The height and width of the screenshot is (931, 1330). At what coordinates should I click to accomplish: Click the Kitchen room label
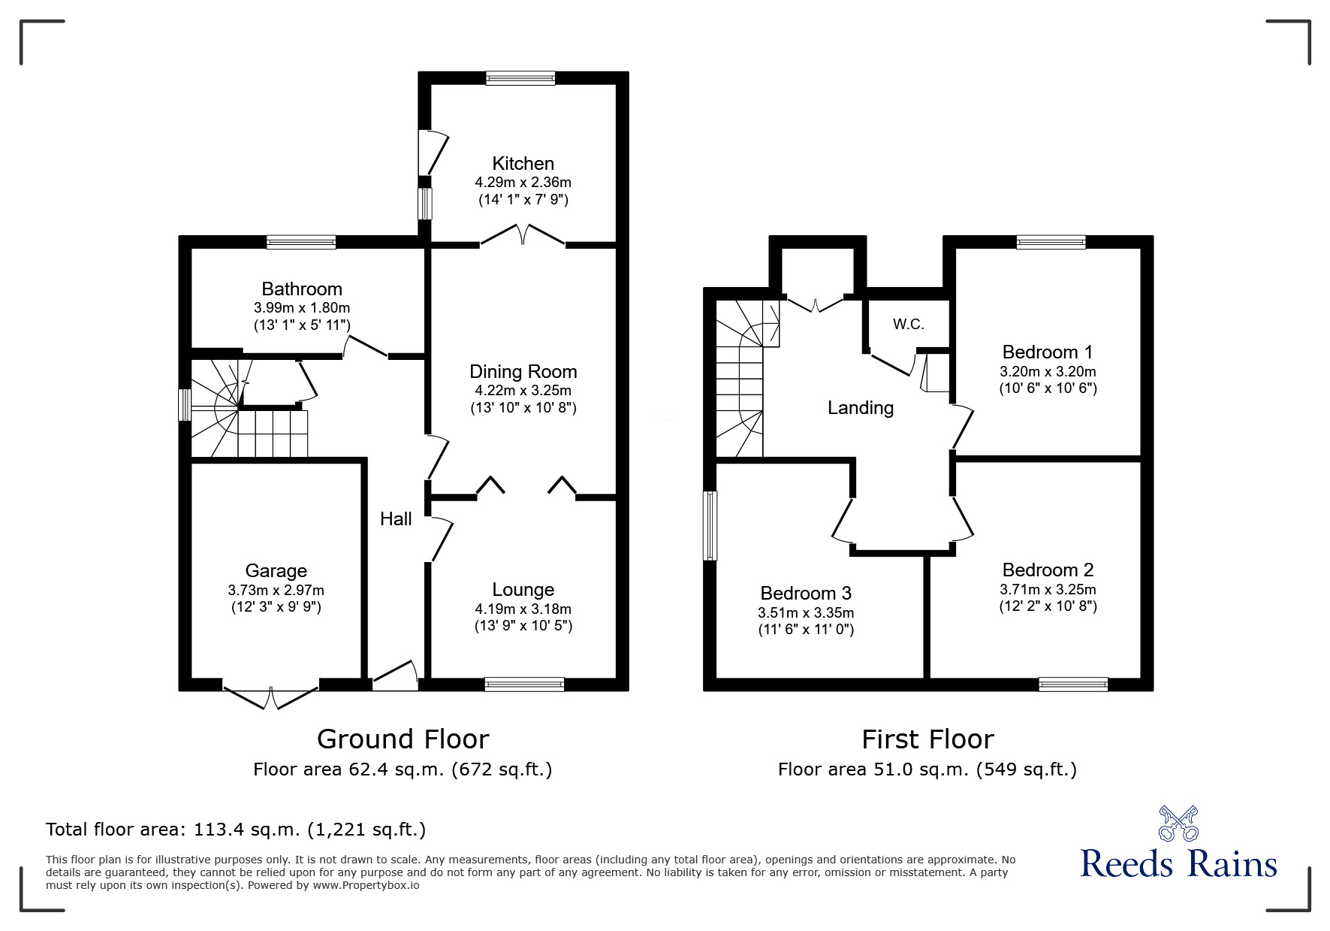coord(523,163)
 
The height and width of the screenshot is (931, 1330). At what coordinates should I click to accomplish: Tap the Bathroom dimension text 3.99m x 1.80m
coord(302,307)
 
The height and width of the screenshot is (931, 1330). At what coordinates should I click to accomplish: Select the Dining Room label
coord(523,371)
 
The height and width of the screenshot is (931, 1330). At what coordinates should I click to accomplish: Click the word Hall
coord(396,518)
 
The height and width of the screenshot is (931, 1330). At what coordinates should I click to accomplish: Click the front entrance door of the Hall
coord(396,676)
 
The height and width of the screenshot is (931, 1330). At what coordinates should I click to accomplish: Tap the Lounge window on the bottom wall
coord(524,684)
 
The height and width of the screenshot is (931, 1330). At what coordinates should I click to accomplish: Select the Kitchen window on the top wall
coord(520,77)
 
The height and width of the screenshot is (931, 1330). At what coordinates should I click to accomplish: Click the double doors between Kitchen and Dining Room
coord(523,234)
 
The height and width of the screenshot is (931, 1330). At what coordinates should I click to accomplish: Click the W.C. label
coord(908,324)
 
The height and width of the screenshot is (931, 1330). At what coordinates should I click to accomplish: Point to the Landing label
coord(861,407)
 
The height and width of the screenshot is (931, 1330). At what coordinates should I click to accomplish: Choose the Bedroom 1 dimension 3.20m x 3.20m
coord(1047,371)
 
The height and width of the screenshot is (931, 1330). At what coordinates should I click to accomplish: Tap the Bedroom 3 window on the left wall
coord(710,525)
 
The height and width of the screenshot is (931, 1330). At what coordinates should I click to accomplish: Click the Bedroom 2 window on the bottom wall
coord(1072,684)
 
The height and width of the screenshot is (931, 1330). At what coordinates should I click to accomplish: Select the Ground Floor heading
coord(403,739)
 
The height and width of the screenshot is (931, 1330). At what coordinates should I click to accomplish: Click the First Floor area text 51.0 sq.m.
coord(927,769)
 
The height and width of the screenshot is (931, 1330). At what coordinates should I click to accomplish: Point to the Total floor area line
coord(236,830)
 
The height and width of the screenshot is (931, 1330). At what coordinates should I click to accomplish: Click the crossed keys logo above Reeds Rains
coord(1178,823)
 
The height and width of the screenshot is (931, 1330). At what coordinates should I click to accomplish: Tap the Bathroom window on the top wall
coord(300,242)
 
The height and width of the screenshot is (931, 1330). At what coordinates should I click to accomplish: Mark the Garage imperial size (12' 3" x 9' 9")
coord(276,607)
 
